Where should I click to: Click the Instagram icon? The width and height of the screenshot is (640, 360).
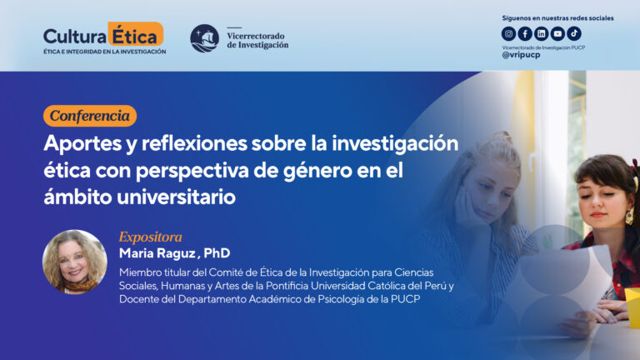click(x=508, y=34)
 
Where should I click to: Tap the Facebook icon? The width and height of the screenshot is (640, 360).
click(x=525, y=34)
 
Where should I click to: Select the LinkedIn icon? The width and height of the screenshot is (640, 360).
click(x=542, y=34)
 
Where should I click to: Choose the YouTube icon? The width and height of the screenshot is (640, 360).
click(x=557, y=34)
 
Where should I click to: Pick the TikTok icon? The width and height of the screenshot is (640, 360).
click(x=574, y=34)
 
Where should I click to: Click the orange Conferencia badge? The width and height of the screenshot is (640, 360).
click(x=90, y=116)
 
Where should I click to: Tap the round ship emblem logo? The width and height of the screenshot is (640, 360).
click(x=204, y=38)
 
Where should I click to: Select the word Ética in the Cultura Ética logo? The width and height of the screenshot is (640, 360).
click(x=136, y=35)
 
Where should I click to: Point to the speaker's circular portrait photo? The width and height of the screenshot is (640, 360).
click(x=75, y=262)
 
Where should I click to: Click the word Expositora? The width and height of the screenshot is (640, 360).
click(x=150, y=237)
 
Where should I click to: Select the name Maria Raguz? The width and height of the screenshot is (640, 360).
click(x=156, y=253)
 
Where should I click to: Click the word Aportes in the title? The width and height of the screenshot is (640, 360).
click(x=80, y=143)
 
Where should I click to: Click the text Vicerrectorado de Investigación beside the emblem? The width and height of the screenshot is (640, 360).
click(x=257, y=39)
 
